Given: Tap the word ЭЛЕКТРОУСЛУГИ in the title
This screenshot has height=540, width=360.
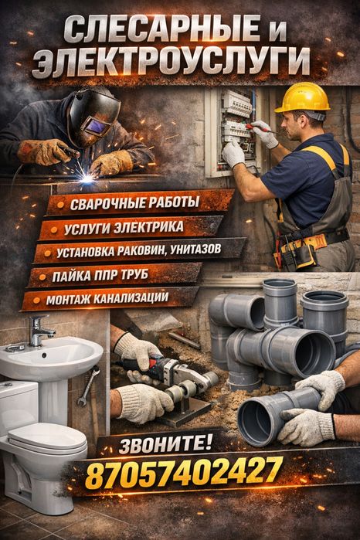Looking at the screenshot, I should point(172,61).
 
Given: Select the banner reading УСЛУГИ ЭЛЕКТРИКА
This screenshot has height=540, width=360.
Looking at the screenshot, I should point(126,228).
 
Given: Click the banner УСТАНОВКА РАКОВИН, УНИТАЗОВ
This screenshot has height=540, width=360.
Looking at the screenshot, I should point(139,251).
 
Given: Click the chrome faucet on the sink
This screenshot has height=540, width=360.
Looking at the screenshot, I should point(41,331).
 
